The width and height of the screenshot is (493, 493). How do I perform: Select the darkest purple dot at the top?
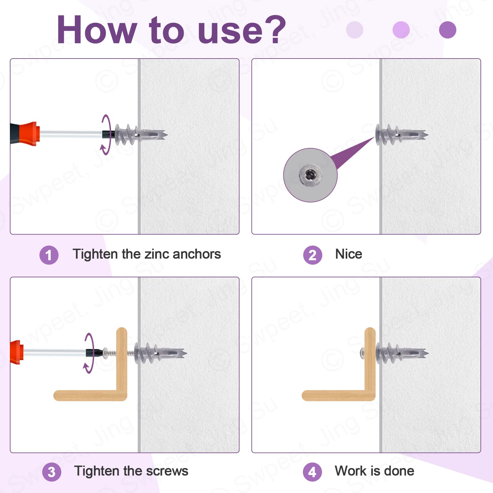pos(447,30)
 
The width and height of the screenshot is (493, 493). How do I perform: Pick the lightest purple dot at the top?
pos(355,30)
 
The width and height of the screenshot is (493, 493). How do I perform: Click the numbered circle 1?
pos(49,255)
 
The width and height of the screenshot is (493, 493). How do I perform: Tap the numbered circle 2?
pos(312,255)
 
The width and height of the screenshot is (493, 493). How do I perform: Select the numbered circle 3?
pos(51,472)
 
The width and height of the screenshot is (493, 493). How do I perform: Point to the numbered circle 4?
pos(312,472)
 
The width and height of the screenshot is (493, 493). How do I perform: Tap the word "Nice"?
pos(348,254)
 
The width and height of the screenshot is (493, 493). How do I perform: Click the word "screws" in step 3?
pos(167,471)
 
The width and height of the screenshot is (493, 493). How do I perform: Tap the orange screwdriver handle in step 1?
pos(30,133)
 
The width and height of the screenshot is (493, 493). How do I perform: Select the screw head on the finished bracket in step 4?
pos(362,353)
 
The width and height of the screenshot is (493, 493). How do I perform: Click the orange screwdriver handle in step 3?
pos(17,352)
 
